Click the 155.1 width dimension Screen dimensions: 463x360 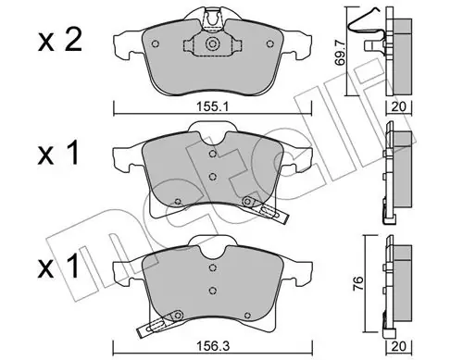point(212,107)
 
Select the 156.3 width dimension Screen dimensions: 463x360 point(213,346)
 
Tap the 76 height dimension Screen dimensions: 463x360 point(357,283)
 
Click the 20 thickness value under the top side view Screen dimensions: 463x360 point(398,107)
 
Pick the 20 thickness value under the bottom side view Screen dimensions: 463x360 point(398,346)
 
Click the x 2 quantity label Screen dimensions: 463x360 point(60,41)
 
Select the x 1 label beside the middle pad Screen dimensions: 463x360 point(58,155)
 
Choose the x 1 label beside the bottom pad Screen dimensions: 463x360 point(58,267)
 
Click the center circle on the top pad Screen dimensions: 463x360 point(212,43)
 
